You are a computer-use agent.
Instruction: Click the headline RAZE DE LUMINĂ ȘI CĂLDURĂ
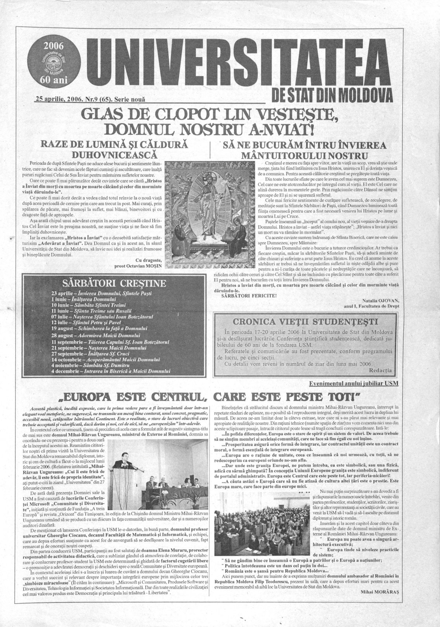point(117,145)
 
